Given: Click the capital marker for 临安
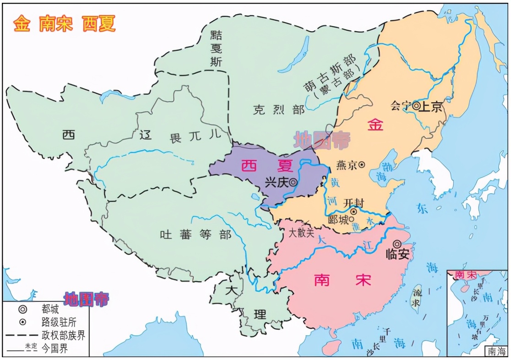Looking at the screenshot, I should click(397, 244).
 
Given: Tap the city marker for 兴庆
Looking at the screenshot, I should click(293, 182).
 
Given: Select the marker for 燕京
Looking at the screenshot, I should click(362, 164).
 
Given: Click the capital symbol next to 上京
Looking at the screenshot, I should click(416, 106).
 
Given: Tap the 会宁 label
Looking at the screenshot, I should click(401, 106).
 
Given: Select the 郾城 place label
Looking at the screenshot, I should click(338, 219).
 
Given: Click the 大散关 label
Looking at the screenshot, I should click(301, 233).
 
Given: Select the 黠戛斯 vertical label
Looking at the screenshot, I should click(215, 48).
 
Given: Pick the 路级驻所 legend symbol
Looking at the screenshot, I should click(22, 323).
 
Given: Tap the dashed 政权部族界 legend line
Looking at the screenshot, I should click(22, 336).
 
